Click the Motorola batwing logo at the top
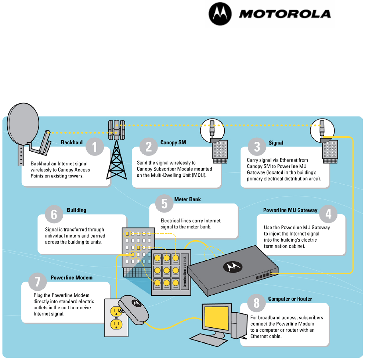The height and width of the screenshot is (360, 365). click(221, 15)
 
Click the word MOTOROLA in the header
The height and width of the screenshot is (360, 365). click(285, 14)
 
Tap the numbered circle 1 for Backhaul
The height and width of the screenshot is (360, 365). click(95, 148)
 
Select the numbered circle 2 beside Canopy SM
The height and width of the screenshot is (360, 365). click(149, 147)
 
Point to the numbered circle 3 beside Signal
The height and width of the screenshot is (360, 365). click(257, 147)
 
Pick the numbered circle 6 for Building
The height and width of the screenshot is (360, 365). click(54, 215)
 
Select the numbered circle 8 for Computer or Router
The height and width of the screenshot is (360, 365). click(256, 303)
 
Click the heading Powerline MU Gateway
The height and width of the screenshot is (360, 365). click(290, 210)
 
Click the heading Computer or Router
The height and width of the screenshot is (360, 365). click(290, 299)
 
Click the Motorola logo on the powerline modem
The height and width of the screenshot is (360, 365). click(137, 303)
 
